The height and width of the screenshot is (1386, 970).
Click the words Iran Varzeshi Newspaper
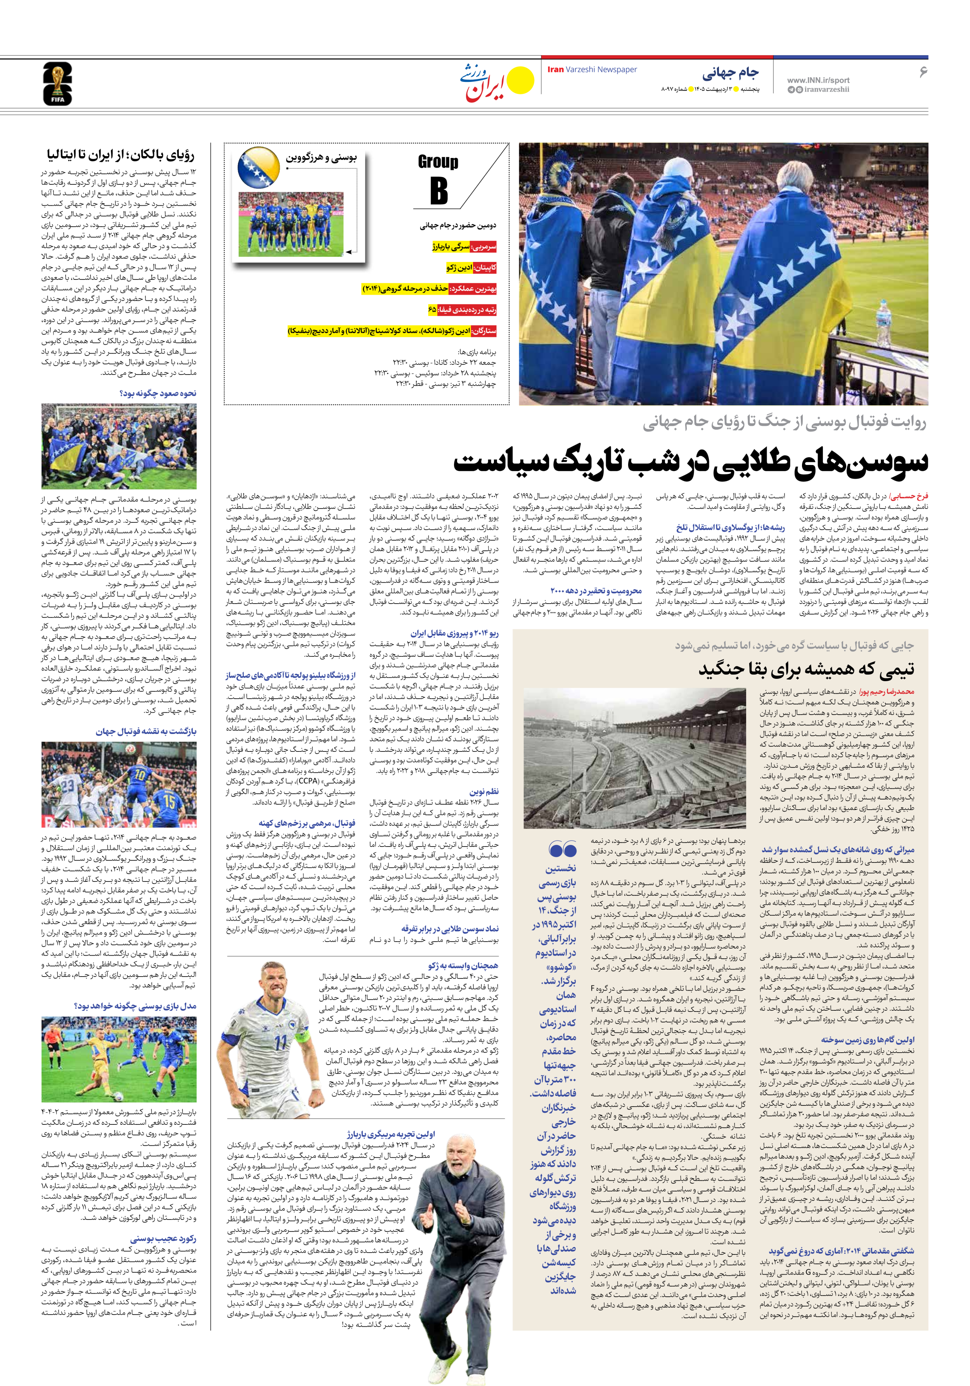592,69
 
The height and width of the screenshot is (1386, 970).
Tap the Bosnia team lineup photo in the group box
291,224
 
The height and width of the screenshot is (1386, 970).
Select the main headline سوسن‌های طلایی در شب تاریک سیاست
691,462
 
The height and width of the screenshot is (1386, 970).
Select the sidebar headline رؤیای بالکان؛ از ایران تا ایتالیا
121,155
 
